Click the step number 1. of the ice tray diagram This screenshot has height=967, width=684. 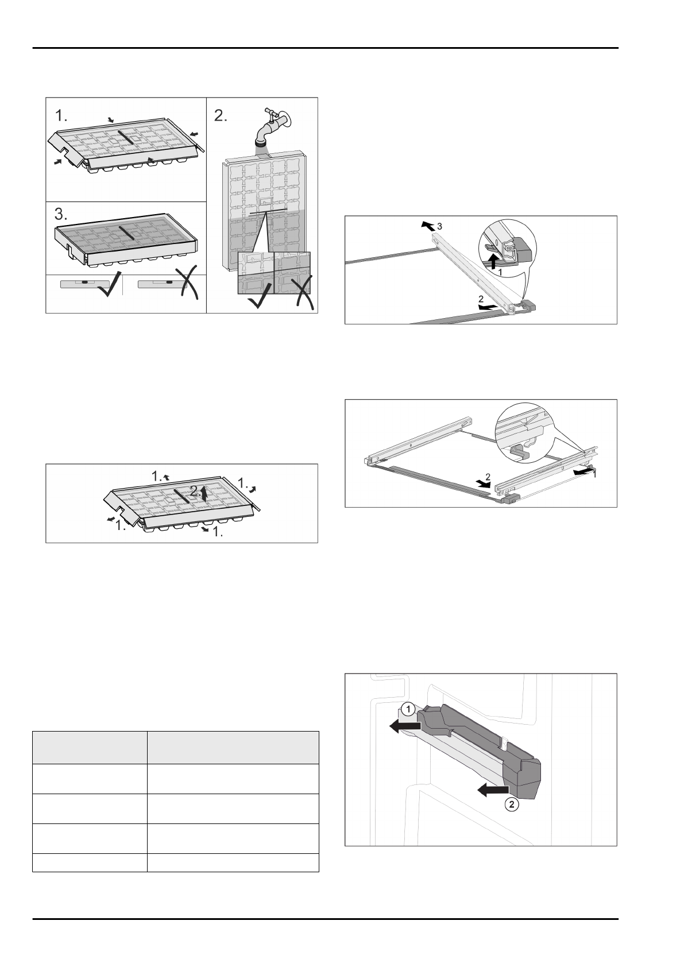(61, 116)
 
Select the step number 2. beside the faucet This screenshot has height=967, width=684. (221, 116)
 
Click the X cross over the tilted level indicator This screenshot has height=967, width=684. (187, 285)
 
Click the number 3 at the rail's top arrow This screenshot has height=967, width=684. (439, 227)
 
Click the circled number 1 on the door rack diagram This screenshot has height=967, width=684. (407, 710)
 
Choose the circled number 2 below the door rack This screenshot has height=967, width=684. (512, 804)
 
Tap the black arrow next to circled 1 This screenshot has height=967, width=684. (404, 728)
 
